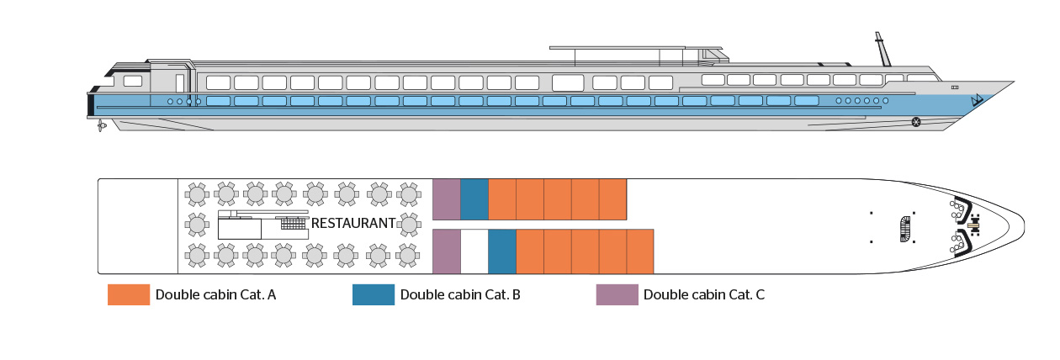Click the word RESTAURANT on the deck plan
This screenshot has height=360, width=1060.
(353, 224)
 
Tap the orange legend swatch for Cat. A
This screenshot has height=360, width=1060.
(128, 295)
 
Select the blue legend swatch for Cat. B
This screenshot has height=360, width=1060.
(374, 295)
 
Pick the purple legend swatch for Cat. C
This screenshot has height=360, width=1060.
(617, 295)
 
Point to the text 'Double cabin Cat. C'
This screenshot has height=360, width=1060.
(704, 295)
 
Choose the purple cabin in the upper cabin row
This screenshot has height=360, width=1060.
(446, 199)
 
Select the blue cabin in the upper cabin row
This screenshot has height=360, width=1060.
(474, 199)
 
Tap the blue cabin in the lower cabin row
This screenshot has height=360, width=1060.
(501, 251)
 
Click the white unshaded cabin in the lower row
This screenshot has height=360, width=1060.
(474, 251)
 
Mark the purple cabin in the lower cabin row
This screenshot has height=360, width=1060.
(446, 251)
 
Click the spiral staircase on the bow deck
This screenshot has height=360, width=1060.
(905, 227)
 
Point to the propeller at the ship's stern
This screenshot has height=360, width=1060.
(101, 125)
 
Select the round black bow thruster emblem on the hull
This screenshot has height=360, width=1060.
(915, 123)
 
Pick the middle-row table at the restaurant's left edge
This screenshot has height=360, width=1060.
(197, 224)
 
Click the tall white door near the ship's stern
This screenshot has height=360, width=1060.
(179, 82)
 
